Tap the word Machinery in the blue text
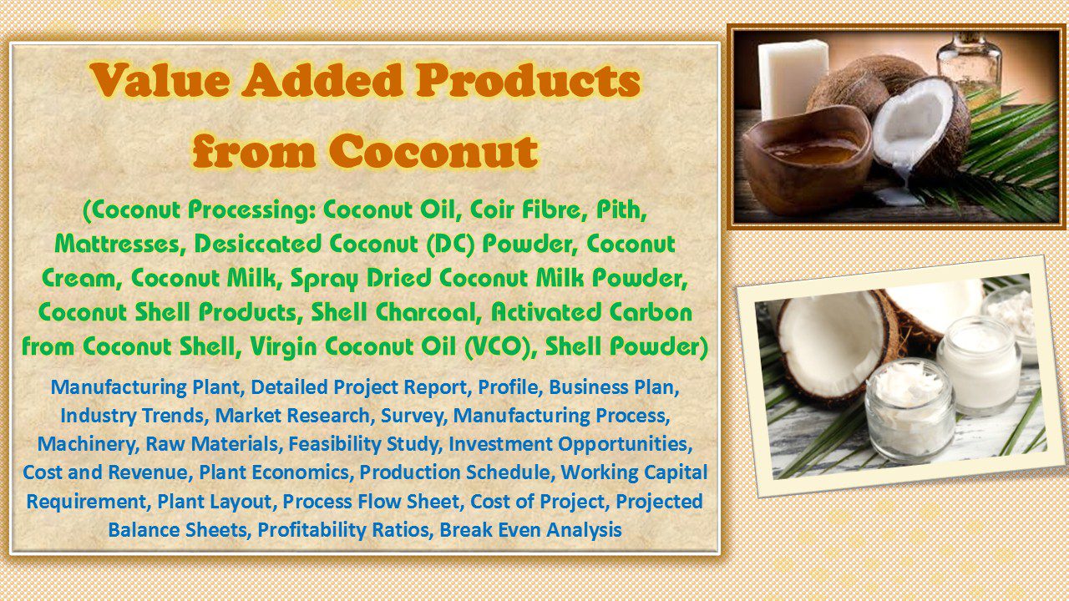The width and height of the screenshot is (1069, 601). tap(78, 444)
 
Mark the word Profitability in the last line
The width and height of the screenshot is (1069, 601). tap(345, 529)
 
